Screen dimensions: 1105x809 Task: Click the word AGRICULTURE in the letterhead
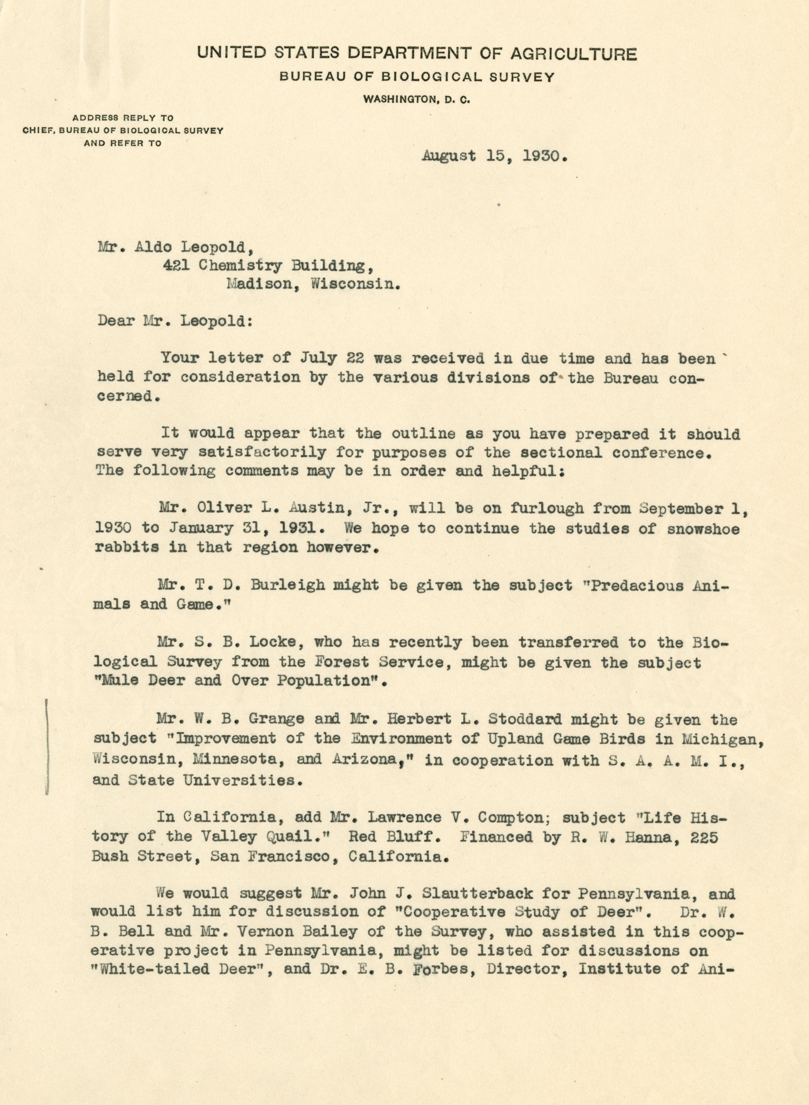click(573, 53)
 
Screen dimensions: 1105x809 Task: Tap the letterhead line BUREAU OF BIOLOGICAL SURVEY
click(417, 77)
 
